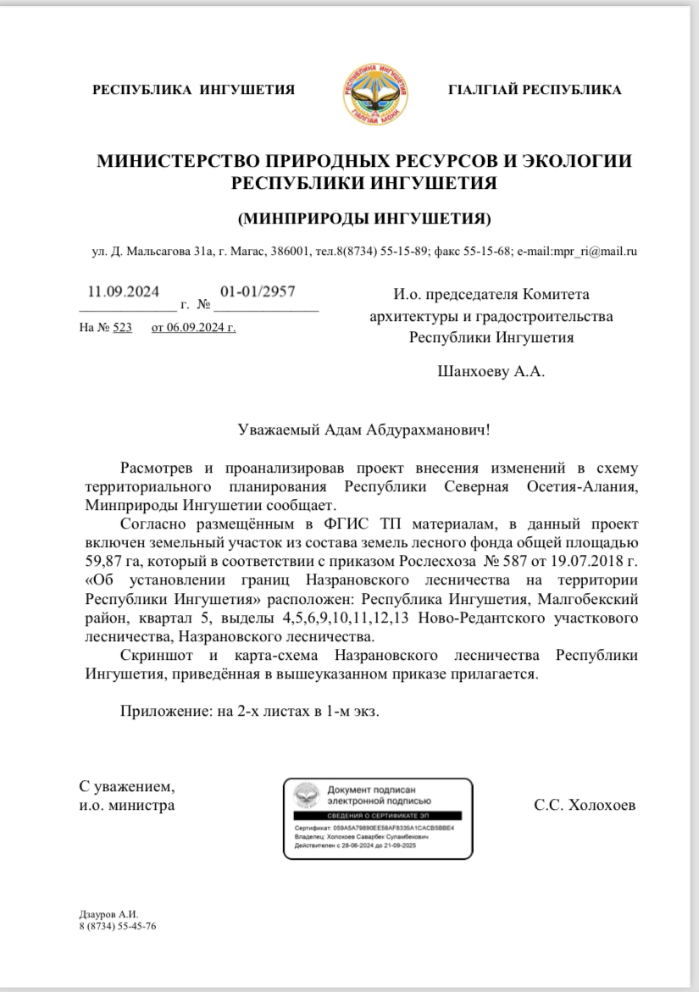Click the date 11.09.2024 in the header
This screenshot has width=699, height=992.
pyautogui.click(x=125, y=291)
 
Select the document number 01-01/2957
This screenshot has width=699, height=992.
pyautogui.click(x=258, y=291)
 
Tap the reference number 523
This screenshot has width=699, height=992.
pyautogui.click(x=123, y=328)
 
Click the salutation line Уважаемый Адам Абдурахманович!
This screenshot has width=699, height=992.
pyautogui.click(x=364, y=429)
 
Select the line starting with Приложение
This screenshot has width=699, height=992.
pyautogui.click(x=250, y=711)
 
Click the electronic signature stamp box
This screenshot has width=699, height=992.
pyautogui.click(x=378, y=818)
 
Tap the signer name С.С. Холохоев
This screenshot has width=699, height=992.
pyautogui.click(x=585, y=805)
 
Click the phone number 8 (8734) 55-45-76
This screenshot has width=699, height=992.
pyautogui.click(x=117, y=926)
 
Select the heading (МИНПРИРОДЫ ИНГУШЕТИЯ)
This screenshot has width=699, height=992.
pyautogui.click(x=364, y=219)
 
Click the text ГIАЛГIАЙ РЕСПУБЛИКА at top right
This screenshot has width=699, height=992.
pyautogui.click(x=534, y=90)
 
